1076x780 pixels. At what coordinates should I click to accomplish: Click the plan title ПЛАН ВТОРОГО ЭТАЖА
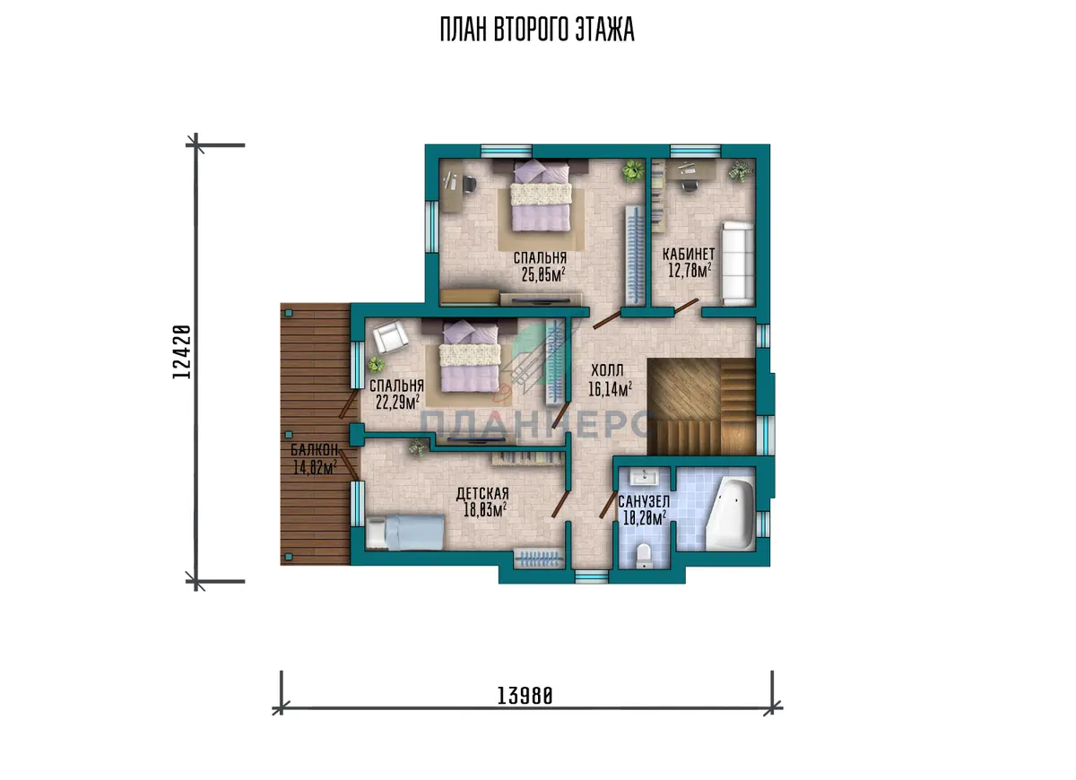click(x=537, y=30)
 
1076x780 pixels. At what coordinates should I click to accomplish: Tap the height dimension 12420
click(x=182, y=352)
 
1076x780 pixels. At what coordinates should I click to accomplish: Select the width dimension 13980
click(x=525, y=696)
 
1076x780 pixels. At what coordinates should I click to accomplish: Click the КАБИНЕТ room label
click(x=689, y=254)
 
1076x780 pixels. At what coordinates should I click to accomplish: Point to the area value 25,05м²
click(x=543, y=274)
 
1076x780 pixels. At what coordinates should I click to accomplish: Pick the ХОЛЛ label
click(x=607, y=370)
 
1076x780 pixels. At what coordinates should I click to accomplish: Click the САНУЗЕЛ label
click(x=644, y=502)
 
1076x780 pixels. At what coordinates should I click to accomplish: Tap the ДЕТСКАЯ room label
click(x=482, y=493)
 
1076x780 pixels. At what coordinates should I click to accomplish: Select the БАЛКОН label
click(x=314, y=450)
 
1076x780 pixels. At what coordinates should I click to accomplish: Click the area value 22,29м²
click(x=397, y=403)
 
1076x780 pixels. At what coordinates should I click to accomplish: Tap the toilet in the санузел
click(x=643, y=556)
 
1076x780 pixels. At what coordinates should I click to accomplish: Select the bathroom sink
click(x=643, y=477)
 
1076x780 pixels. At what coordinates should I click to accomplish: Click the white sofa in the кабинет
click(x=737, y=263)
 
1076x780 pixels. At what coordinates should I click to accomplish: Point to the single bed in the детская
click(x=404, y=532)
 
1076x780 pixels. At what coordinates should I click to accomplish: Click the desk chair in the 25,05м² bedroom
click(x=469, y=185)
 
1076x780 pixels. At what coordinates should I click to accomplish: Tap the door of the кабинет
click(x=685, y=307)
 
